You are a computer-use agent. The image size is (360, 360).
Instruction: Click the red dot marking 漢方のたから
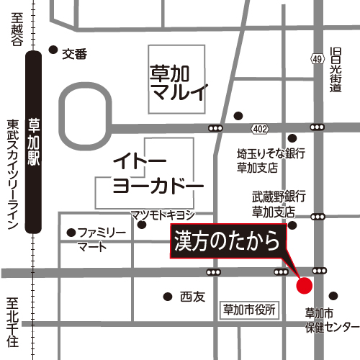pos(305,285)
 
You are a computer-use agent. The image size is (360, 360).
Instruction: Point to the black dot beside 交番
pos(53,50)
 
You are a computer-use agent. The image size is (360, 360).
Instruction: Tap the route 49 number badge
pos(318,58)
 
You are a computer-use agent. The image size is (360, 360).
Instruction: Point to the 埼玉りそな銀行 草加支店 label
pos(272,160)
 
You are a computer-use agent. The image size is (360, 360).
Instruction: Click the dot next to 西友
pos(167,296)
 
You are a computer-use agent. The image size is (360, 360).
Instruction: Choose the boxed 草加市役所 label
pos(249,310)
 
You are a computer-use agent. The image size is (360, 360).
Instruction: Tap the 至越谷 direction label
pos(16,29)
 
